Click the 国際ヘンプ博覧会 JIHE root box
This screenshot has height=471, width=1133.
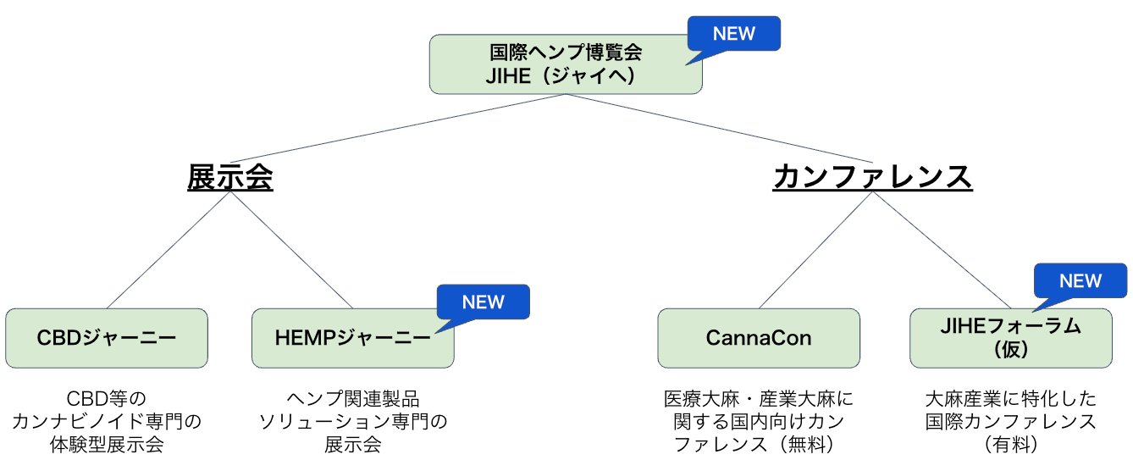(x=566, y=64)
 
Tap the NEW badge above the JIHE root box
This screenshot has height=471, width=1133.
(x=733, y=34)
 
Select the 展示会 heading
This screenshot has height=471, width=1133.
(x=230, y=178)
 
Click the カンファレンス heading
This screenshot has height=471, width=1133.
(x=872, y=178)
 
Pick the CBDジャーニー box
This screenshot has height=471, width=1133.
(x=107, y=338)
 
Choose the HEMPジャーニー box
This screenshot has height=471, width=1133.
(x=352, y=338)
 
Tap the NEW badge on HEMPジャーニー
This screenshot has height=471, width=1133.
(x=483, y=302)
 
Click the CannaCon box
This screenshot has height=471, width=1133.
(x=759, y=338)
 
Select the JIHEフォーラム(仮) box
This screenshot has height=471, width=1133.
(x=1010, y=338)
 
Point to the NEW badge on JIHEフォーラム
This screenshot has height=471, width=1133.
(x=1080, y=280)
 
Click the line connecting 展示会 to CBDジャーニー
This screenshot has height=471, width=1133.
(x=169, y=251)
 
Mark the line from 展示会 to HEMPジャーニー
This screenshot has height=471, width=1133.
(x=291, y=251)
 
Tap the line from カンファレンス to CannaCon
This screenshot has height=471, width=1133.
(x=815, y=251)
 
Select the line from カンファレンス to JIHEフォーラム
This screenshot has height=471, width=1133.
(x=942, y=251)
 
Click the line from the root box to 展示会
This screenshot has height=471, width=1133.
(x=398, y=129)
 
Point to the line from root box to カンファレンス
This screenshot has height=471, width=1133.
(x=719, y=129)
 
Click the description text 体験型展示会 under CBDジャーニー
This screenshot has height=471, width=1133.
(x=107, y=444)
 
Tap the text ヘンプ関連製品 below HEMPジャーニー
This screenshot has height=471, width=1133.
(x=352, y=399)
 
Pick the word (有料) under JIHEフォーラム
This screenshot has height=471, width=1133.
(x=1010, y=444)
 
